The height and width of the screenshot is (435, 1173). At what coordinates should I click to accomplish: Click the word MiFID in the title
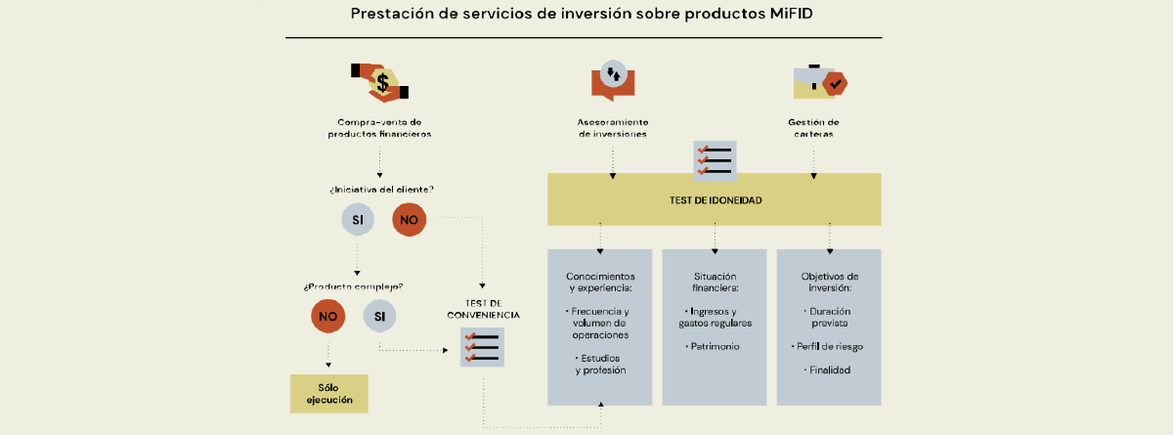click(x=791, y=14)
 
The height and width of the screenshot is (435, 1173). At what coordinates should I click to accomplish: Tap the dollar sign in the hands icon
click(x=383, y=83)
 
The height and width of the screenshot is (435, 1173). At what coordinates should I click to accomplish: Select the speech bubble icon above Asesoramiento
click(x=613, y=80)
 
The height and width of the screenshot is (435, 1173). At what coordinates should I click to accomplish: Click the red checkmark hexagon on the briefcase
click(x=835, y=84)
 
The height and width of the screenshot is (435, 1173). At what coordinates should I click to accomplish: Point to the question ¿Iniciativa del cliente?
click(x=381, y=190)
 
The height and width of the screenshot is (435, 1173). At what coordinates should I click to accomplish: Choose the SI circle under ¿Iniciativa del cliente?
click(x=358, y=219)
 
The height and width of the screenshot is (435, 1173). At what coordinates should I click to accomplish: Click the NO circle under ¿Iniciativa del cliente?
click(x=409, y=219)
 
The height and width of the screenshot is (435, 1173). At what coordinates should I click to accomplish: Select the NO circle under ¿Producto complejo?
click(x=327, y=316)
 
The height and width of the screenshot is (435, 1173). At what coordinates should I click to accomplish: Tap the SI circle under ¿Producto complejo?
click(x=379, y=316)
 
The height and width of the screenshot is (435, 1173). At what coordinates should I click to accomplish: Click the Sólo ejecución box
click(x=328, y=394)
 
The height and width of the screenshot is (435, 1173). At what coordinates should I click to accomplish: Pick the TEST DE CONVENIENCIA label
click(x=483, y=309)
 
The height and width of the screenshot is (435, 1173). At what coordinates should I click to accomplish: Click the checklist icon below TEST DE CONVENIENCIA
click(x=482, y=347)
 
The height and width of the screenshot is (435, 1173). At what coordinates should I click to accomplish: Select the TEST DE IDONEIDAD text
click(x=716, y=200)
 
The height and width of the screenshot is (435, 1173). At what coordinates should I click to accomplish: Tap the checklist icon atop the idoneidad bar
click(x=715, y=160)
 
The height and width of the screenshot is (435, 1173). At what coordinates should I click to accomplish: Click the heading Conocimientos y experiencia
click(x=600, y=283)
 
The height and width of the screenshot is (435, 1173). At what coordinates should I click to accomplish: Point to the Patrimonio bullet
click(x=713, y=347)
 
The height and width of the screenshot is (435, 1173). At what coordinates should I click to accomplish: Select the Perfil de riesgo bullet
click(x=827, y=347)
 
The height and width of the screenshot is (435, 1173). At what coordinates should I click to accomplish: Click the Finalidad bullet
click(x=827, y=370)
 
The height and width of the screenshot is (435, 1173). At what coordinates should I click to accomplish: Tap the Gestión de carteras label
click(x=813, y=128)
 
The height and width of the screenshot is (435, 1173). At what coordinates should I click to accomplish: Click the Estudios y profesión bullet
click(x=599, y=365)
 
